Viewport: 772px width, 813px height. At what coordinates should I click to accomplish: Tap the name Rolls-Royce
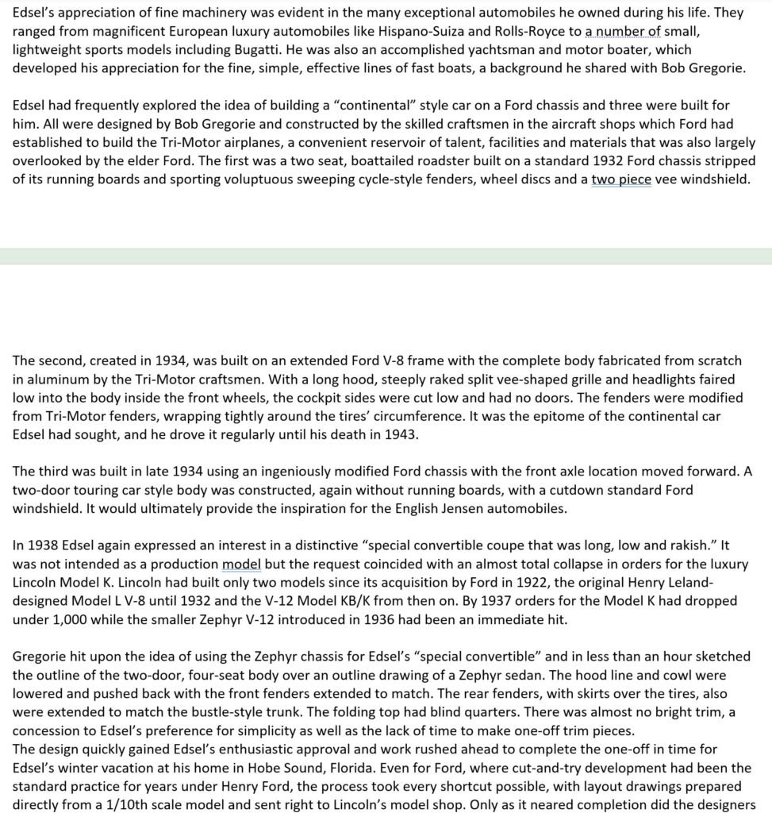pos(505,33)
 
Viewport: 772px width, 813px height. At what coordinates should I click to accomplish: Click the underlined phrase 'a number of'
pos(623,33)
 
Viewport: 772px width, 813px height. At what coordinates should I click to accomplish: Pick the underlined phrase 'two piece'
pos(621,179)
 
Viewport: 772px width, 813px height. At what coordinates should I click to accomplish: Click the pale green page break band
pos(386,256)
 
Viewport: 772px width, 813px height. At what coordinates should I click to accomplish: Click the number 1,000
pos(67,619)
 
